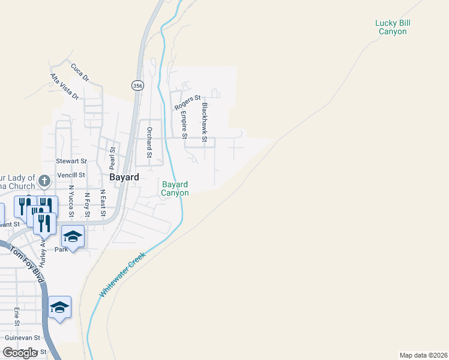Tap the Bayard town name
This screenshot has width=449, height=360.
pyautogui.click(x=124, y=178)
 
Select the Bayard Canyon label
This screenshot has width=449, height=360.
pyautogui.click(x=175, y=188)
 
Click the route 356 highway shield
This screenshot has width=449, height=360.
pyautogui.click(x=138, y=86)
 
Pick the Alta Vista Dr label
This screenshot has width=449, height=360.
pyautogui.click(x=64, y=86)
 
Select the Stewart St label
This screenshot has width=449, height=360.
pyautogui.click(x=71, y=161)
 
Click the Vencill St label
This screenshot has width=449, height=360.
pyautogui.click(x=72, y=175)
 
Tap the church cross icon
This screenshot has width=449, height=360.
pyautogui.click(x=44, y=180)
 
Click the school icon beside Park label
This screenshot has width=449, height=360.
pyautogui.click(x=73, y=237)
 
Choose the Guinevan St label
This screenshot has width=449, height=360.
pyautogui.click(x=21, y=338)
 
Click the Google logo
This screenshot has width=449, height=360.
pyautogui.click(x=20, y=353)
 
